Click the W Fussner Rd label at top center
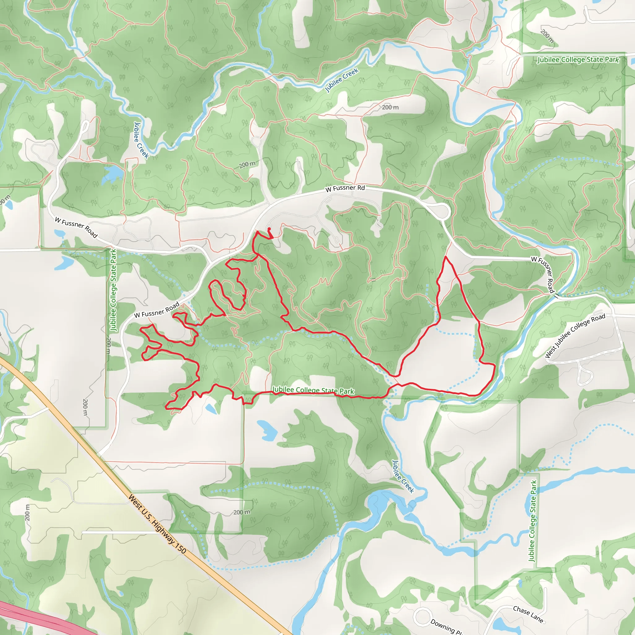click(345, 188)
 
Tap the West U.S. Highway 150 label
click(157, 524)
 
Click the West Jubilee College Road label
click(575, 335)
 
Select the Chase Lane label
click(528, 614)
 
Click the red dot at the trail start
click(269, 229)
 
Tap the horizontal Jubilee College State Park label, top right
click(578, 60)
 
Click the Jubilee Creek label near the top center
click(341, 80)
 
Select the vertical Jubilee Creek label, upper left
click(141, 140)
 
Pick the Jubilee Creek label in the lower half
click(403, 476)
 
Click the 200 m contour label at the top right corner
click(547, 37)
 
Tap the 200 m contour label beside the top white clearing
click(390, 107)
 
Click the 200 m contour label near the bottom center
click(242, 512)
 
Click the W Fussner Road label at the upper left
click(76, 227)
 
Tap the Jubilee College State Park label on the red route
click(313, 390)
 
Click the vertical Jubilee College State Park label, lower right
click(532, 521)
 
